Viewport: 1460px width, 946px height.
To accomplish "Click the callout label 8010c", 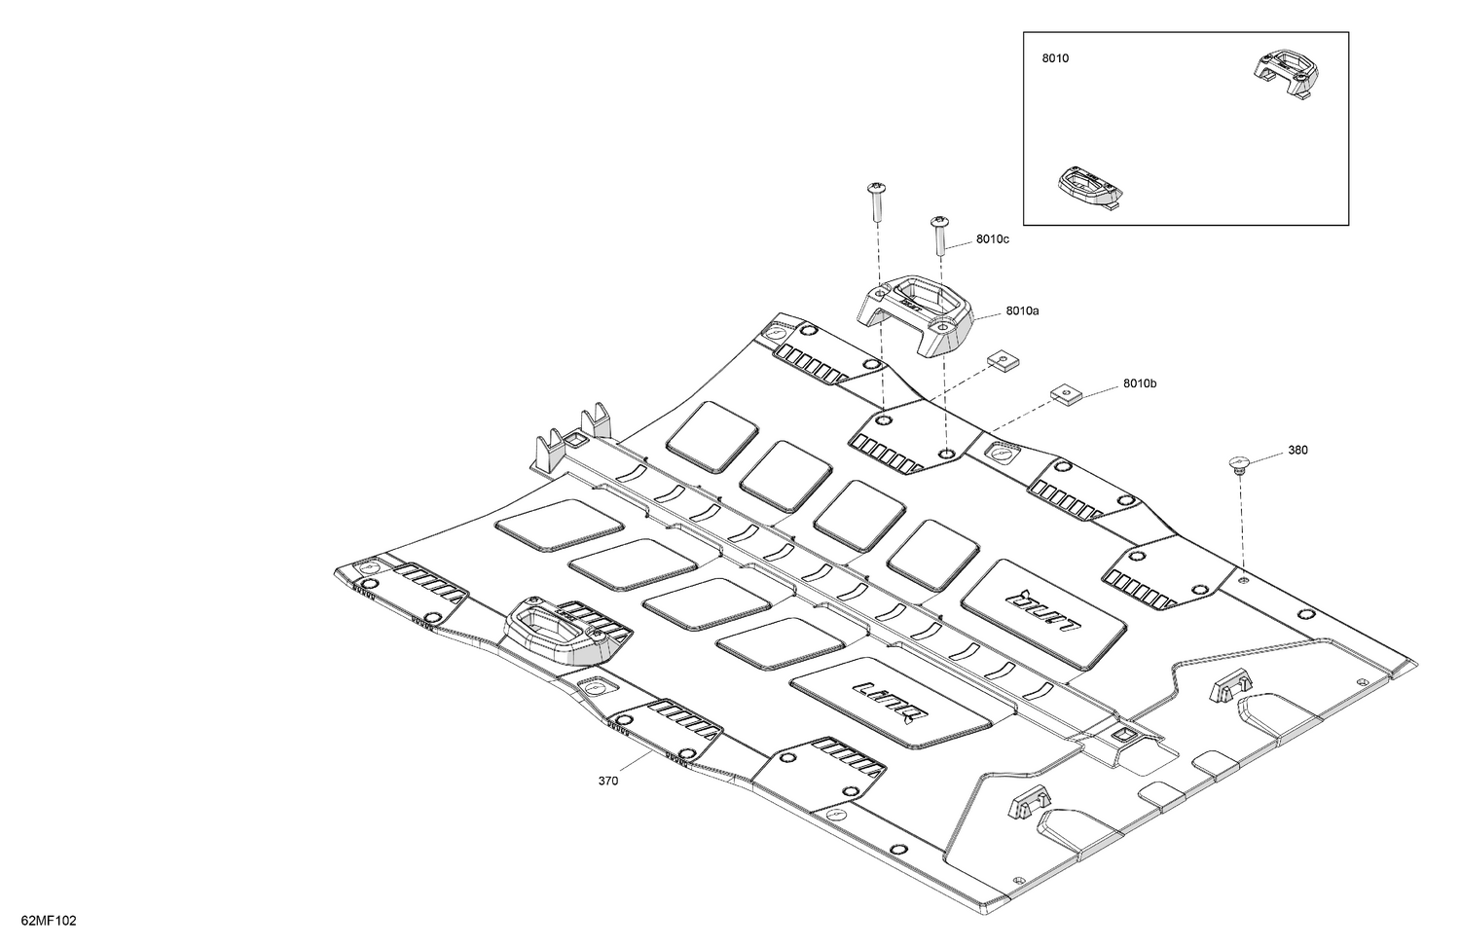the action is pyautogui.click(x=992, y=239).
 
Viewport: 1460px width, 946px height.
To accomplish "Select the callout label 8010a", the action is pyautogui.click(x=1022, y=310).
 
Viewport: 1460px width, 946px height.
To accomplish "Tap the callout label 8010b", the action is pyautogui.click(x=1140, y=383).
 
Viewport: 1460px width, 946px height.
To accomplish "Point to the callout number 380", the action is pyautogui.click(x=1297, y=450).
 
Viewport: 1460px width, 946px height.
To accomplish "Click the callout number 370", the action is pyautogui.click(x=608, y=781).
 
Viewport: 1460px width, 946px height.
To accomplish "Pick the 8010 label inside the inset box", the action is pyautogui.click(x=1055, y=58).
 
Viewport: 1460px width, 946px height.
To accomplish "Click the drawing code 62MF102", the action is pyautogui.click(x=49, y=921).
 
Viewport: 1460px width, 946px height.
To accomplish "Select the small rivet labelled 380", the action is pyautogui.click(x=1238, y=464).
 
